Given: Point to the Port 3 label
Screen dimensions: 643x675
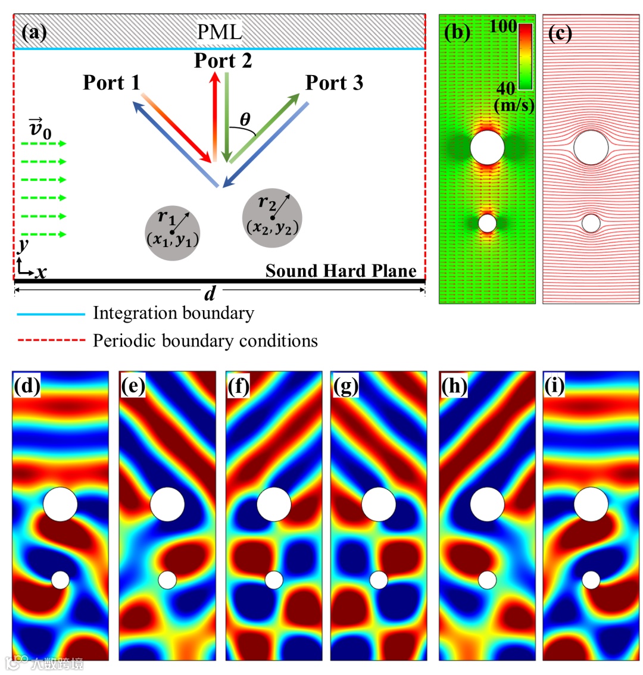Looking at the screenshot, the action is [x=334, y=83].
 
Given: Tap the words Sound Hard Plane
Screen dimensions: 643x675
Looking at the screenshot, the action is [x=341, y=271].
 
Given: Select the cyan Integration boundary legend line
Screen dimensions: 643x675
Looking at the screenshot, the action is [x=50, y=313].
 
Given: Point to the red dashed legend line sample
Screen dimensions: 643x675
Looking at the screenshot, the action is [x=50, y=341].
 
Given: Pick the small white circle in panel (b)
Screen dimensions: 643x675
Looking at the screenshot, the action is [x=488, y=223].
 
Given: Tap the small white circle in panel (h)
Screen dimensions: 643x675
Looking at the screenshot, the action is [x=487, y=579].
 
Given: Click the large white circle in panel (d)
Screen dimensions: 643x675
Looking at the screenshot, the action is [x=60, y=504].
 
